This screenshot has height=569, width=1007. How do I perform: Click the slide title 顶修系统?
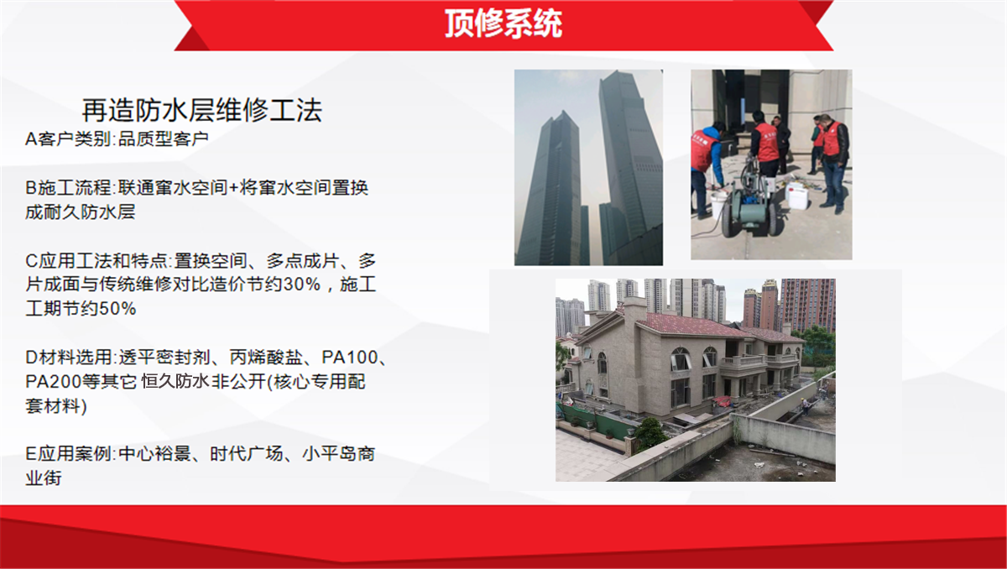click(x=503, y=23)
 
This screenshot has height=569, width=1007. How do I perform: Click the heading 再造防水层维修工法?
click(x=202, y=110)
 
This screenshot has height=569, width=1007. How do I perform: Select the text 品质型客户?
click(x=164, y=138)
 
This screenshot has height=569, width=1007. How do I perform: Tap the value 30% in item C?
click(x=302, y=284)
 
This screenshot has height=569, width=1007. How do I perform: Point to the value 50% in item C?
click(x=117, y=308)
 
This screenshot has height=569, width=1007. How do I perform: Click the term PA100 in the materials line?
click(x=350, y=358)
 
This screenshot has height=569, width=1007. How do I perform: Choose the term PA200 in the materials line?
click(x=54, y=382)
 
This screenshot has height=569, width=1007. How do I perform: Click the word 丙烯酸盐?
click(x=266, y=358)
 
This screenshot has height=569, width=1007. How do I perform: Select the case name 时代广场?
click(x=247, y=454)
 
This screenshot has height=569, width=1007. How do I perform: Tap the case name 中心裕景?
click(x=155, y=454)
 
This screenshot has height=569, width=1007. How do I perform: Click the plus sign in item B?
click(x=233, y=188)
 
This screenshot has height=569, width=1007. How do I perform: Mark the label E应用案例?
click(x=68, y=454)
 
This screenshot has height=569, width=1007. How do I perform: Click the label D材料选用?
click(x=68, y=358)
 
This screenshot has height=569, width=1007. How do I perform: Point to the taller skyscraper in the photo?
click(x=629, y=167)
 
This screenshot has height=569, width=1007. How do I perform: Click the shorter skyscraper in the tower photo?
click(x=552, y=189)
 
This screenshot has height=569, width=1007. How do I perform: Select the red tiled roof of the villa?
click(x=702, y=325)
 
